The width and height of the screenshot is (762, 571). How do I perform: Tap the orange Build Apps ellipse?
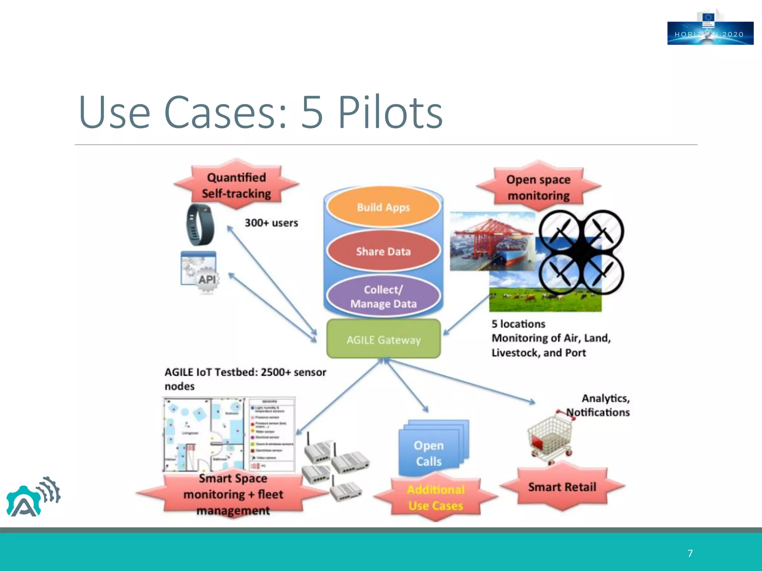tap(383, 207)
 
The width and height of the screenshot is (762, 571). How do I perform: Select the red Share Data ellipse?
tap(383, 251)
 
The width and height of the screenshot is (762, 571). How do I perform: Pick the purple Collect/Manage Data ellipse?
tap(383, 296)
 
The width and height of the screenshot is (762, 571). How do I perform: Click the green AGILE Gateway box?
tap(383, 339)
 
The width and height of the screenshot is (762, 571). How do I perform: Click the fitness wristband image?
tap(200, 225)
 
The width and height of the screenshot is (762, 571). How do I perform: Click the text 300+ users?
tap(271, 223)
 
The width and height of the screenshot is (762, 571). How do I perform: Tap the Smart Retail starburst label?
tap(562, 487)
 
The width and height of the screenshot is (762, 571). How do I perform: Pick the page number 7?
tap(690, 554)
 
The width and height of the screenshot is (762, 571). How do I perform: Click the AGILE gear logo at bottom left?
tap(32, 497)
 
